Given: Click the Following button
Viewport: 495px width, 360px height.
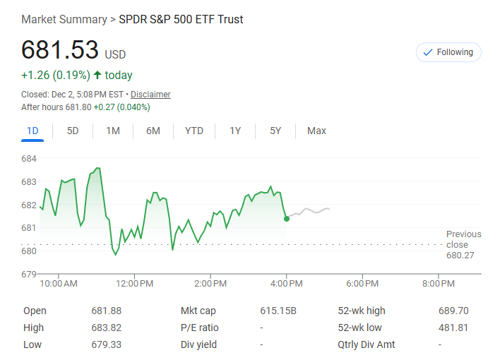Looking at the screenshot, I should click(448, 52).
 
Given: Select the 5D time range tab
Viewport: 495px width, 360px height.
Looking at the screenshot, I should click(73, 131).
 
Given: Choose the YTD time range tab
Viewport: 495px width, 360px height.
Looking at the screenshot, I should click(194, 131).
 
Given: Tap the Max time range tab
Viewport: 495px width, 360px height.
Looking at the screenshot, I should click(316, 131).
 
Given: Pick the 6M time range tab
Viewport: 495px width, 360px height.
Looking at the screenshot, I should click(153, 131).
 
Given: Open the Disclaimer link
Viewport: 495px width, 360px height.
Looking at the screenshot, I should click(150, 95).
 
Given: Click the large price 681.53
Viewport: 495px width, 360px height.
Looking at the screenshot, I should click(60, 51).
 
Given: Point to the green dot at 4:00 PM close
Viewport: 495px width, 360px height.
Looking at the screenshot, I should click(286, 219).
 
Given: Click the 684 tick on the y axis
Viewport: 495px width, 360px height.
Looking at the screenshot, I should click(29, 159).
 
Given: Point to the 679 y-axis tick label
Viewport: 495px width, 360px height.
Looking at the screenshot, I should click(29, 274).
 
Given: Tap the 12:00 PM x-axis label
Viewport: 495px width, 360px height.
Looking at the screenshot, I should click(134, 284).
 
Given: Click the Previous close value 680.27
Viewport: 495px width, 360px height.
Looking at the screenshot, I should click(460, 255).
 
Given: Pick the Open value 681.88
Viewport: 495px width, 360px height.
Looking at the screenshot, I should click(106, 311).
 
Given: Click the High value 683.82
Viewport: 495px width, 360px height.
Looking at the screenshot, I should click(106, 328).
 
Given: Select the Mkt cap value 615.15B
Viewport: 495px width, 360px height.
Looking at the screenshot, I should click(278, 311).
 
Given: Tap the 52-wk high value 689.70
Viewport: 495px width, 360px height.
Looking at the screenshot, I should click(453, 311).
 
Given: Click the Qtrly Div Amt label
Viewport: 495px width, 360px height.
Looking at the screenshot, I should click(366, 344).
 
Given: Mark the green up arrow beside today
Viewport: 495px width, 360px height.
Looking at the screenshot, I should click(97, 75).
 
